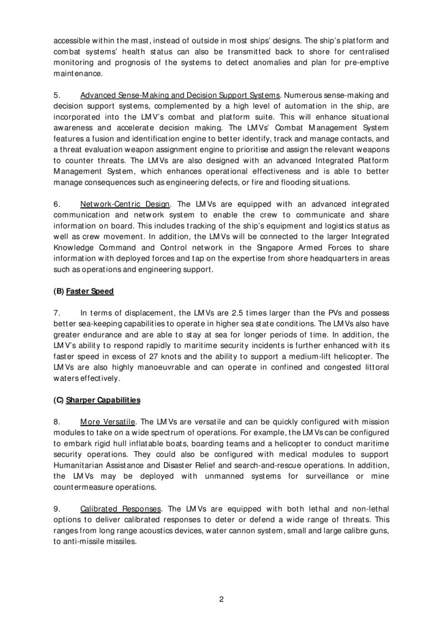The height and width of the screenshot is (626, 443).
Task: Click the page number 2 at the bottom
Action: click(x=221, y=598)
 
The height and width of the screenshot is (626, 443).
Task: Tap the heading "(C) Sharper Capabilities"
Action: click(x=97, y=400)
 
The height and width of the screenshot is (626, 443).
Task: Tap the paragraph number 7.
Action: click(x=58, y=313)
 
